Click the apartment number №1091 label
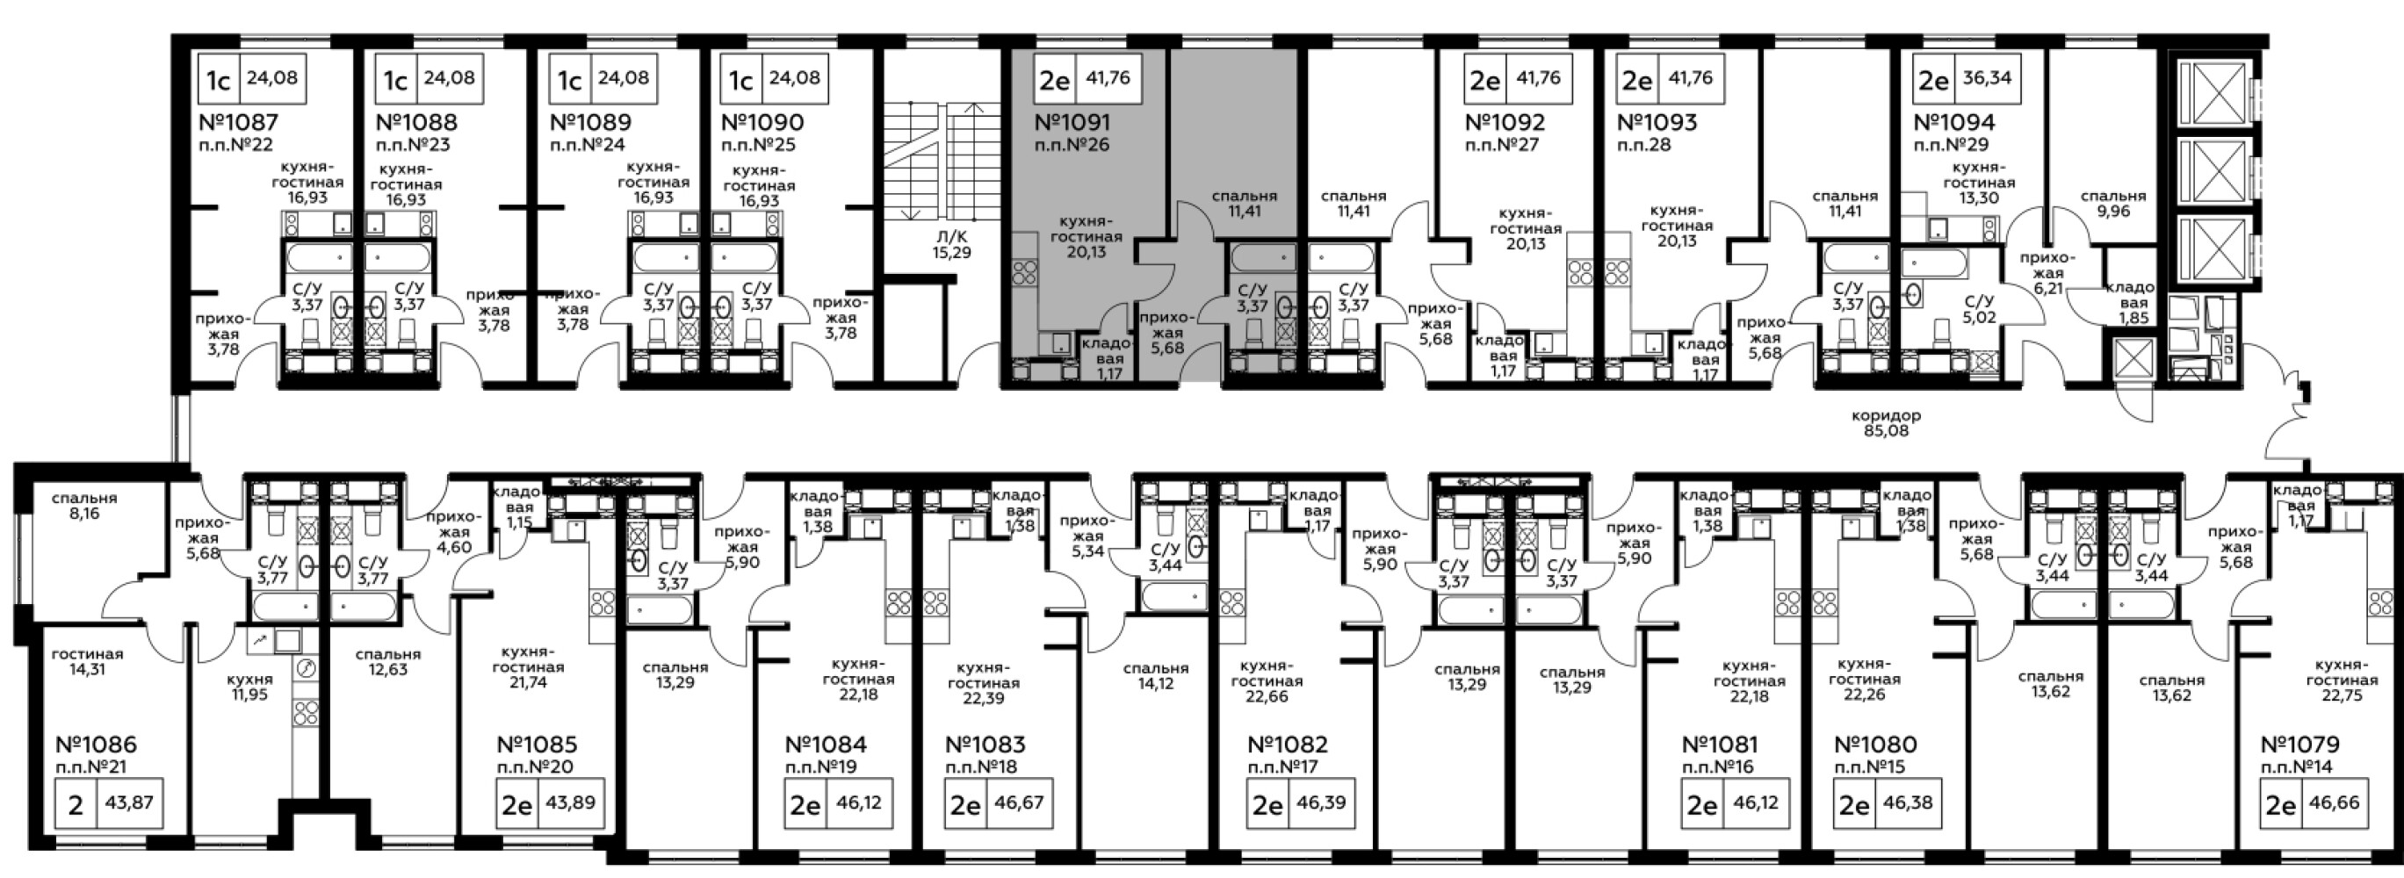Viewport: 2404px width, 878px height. [1072, 122]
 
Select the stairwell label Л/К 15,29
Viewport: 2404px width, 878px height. [951, 244]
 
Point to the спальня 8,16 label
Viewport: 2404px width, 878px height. [84, 506]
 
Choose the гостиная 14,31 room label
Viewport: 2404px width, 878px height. [87, 661]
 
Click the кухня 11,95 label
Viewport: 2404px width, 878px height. [250, 687]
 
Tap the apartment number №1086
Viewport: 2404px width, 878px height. [96, 745]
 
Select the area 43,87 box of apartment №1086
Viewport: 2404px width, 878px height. [130, 802]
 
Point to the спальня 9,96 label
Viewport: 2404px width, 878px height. [2113, 204]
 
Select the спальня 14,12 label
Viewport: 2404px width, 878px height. [1155, 675]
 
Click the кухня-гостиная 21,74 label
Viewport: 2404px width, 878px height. [528, 667]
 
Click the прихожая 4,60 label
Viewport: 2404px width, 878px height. [453, 532]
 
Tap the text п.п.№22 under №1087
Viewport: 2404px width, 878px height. [236, 145]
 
